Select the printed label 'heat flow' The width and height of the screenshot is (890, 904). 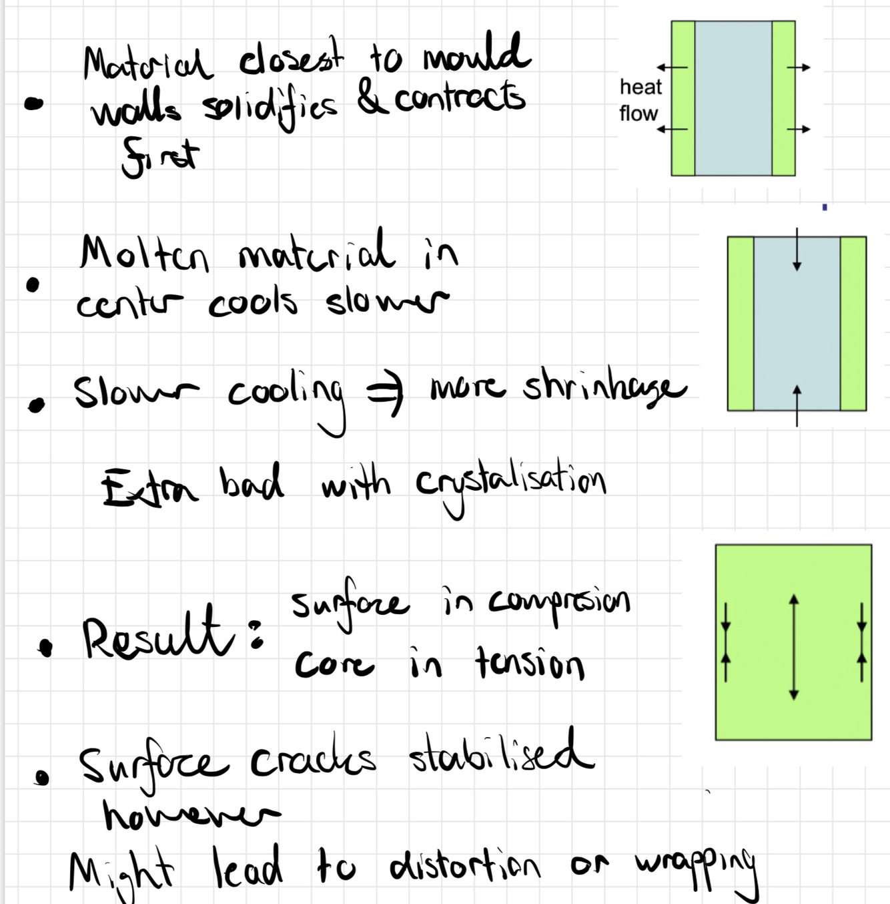(x=639, y=100)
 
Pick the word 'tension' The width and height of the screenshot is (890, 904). (x=530, y=664)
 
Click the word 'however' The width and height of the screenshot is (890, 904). (x=191, y=815)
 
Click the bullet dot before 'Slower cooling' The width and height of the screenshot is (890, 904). (x=37, y=405)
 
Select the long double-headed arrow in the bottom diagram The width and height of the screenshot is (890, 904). (x=793, y=647)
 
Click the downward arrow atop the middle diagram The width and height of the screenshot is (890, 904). (x=797, y=250)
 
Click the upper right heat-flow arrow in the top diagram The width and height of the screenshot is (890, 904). (x=799, y=67)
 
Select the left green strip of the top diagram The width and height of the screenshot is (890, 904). (x=683, y=98)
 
